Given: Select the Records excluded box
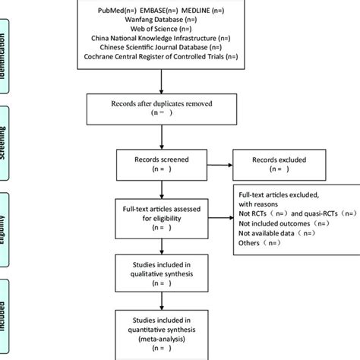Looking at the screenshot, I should click(x=279, y=166).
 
